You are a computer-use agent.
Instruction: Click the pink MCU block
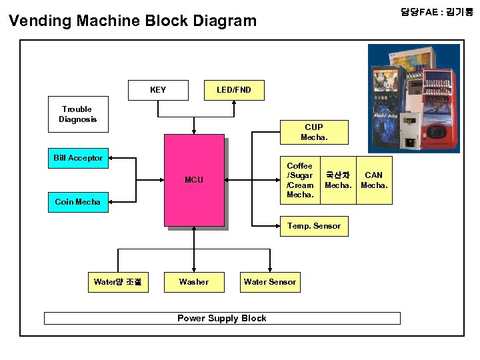[194, 180]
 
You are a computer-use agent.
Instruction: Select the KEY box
[158, 90]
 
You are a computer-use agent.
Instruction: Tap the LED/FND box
[234, 90]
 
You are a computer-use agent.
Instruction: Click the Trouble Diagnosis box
[77, 114]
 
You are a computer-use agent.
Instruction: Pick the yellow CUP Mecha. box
[313, 132]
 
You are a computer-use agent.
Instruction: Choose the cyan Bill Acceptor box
[78, 158]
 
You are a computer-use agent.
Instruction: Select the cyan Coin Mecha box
[78, 202]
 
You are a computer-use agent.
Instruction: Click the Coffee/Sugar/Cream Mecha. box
[299, 180]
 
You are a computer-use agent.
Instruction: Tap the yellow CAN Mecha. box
[374, 180]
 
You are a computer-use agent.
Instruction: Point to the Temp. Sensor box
[313, 226]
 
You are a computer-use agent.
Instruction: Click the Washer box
[193, 282]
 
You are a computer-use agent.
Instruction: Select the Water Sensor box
[270, 282]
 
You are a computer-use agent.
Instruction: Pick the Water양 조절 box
[117, 282]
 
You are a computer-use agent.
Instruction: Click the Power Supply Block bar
[222, 318]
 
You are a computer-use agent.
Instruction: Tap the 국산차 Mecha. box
[337, 180]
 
